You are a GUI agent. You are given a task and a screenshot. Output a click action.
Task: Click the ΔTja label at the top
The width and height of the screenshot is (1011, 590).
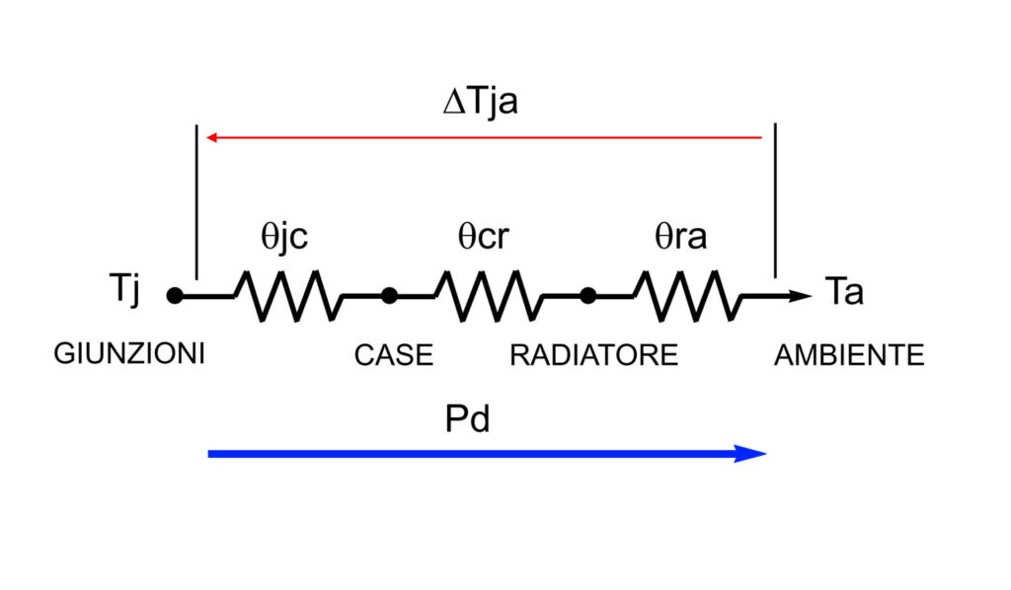(x=480, y=102)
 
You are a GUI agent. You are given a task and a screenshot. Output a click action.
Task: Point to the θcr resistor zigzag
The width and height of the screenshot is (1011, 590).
(x=488, y=295)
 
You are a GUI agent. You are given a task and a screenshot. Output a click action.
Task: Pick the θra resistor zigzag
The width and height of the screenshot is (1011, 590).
(x=685, y=295)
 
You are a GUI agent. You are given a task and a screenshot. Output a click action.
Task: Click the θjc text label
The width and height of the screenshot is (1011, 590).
(x=285, y=237)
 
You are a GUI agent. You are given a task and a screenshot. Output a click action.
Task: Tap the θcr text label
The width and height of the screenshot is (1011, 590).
(x=484, y=237)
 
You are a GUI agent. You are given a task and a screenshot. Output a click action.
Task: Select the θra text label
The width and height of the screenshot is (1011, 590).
(x=681, y=237)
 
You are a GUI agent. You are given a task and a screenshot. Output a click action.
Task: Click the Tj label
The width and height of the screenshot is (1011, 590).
(x=127, y=292)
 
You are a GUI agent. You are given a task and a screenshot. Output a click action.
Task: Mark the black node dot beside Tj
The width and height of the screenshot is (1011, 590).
(x=175, y=295)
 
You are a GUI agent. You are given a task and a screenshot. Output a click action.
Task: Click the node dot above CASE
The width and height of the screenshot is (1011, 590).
(x=389, y=295)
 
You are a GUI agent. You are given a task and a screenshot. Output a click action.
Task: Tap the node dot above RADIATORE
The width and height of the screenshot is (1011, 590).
(x=587, y=295)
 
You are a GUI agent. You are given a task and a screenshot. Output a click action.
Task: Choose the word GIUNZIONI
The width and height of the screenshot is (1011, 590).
(x=129, y=353)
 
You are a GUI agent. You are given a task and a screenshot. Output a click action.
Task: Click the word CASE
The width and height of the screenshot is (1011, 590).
(x=393, y=355)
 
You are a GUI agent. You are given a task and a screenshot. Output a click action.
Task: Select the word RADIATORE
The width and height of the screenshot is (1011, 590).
(x=593, y=355)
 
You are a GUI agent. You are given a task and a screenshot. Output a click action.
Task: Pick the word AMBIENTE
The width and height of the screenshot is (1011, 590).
(x=849, y=355)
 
